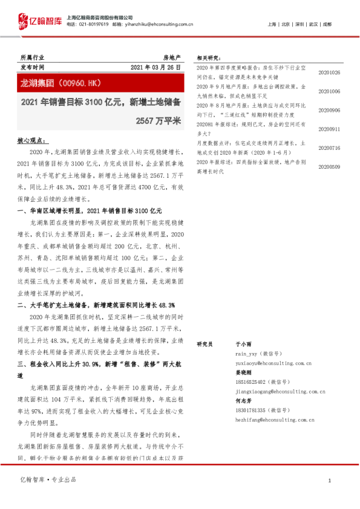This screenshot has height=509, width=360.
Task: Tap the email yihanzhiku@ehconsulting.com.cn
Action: click(x=163, y=24)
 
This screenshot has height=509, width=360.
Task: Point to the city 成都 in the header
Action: click(x=327, y=24)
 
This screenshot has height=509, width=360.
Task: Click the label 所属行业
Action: click(x=33, y=56)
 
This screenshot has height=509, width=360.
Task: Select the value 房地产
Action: click(x=172, y=56)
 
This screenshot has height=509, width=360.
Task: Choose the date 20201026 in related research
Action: click(x=329, y=73)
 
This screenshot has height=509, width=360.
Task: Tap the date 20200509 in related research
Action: click(x=329, y=167)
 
